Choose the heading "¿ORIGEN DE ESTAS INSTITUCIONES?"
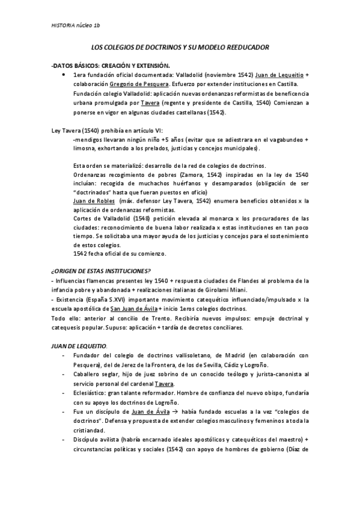pos(100,270)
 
